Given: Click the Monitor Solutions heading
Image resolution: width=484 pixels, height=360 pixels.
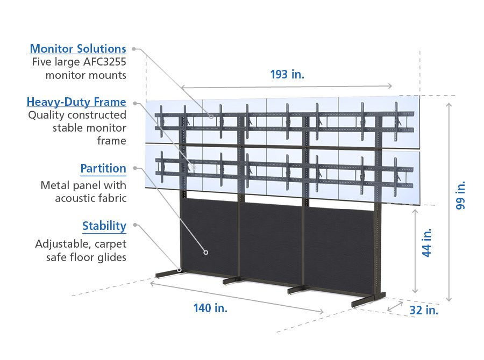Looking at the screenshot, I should (78, 49).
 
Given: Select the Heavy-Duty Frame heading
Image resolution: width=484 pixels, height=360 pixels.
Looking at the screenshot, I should (76, 102).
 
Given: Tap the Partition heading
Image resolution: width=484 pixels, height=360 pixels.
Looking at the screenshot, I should (103, 169).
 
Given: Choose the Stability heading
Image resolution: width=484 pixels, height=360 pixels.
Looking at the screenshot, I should (104, 226).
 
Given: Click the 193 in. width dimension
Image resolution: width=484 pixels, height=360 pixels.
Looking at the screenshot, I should (287, 75).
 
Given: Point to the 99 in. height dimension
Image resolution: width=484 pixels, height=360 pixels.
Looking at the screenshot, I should (461, 195).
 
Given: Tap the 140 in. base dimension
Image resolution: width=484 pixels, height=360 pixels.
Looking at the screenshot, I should (210, 308).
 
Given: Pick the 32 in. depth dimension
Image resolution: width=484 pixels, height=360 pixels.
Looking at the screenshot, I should (424, 310).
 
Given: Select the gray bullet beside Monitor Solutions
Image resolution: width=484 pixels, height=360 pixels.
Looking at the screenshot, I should (134, 49).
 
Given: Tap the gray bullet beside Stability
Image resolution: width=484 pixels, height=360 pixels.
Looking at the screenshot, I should (134, 225).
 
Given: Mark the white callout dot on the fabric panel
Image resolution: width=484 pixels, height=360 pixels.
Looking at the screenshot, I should (205, 251).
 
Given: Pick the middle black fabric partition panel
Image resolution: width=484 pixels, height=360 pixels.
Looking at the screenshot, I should (272, 242).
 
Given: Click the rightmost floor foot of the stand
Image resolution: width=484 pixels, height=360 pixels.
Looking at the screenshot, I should (368, 301).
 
